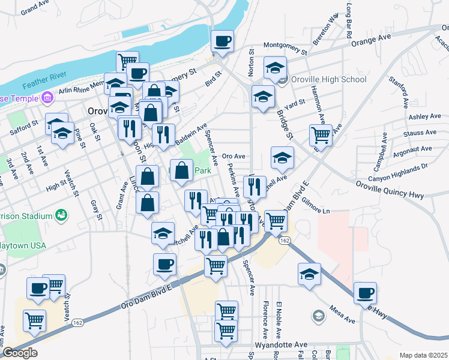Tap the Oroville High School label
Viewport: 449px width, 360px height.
[x=328, y=79]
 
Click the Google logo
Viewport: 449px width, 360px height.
[x=20, y=353]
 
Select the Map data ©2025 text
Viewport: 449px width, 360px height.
[x=423, y=355]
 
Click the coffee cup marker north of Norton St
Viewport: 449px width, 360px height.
[x=223, y=41]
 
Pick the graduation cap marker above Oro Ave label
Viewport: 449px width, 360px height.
[x=282, y=158]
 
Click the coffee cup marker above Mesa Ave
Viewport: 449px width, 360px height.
[x=364, y=293]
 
